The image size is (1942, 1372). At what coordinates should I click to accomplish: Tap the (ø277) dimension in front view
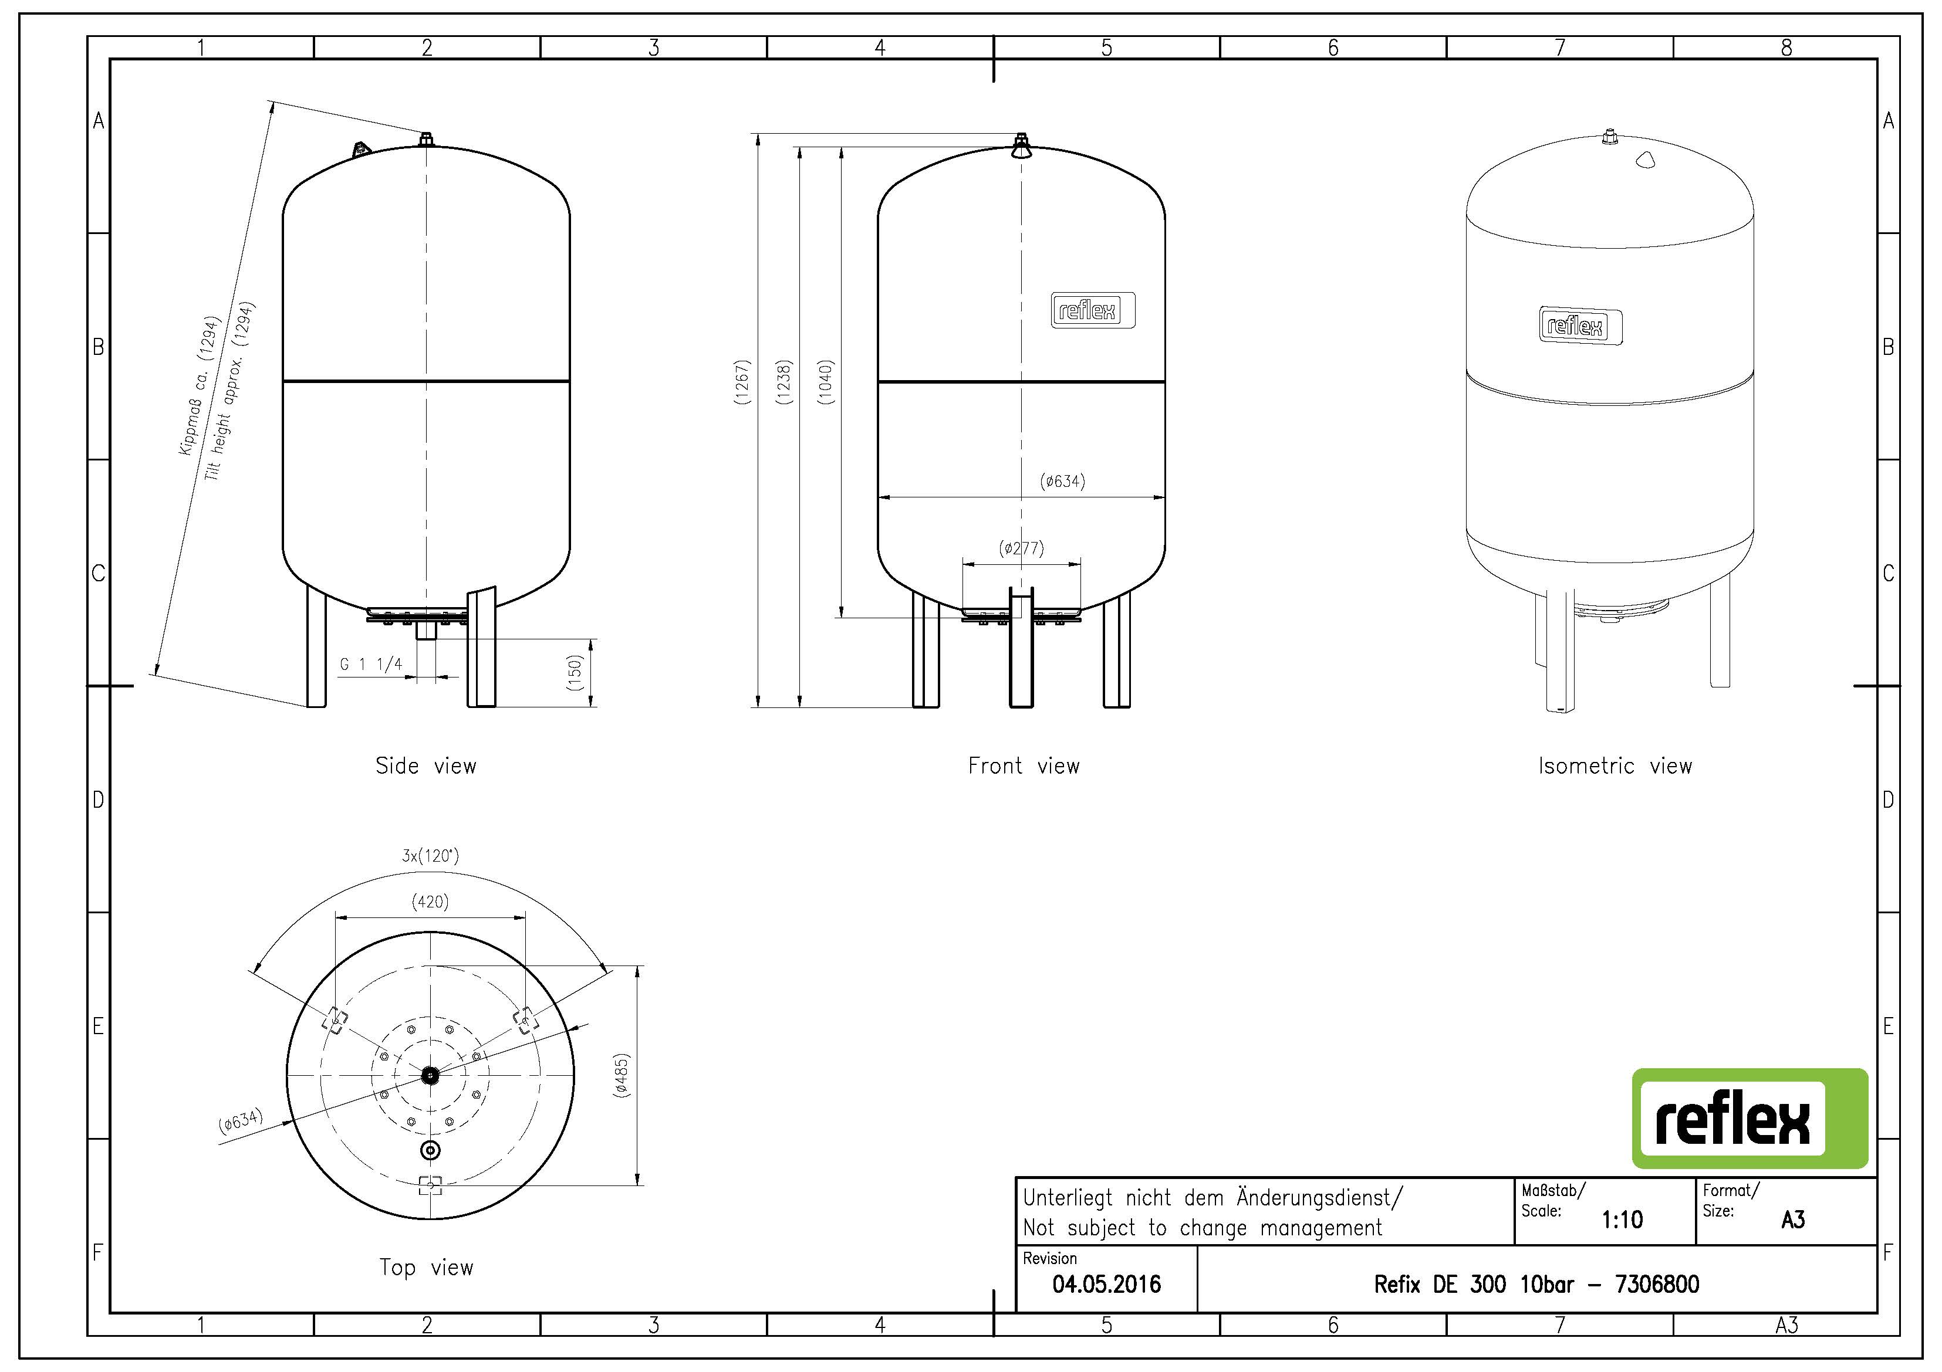point(1021,548)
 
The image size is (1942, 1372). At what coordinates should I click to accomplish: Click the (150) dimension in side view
point(575,672)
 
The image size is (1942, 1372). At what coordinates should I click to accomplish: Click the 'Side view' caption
point(425,766)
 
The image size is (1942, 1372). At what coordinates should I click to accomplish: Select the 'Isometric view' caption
point(1615,766)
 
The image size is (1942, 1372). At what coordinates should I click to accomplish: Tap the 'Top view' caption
point(425,1267)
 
